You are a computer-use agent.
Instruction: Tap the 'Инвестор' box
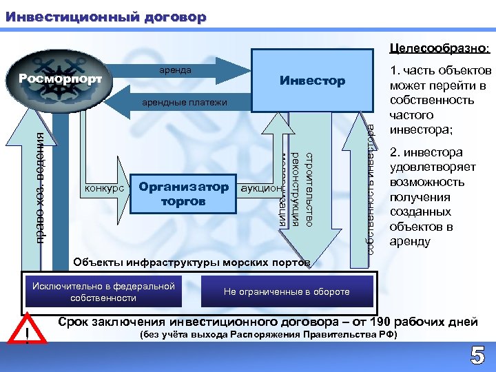[x=312, y=81]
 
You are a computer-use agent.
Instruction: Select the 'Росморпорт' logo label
[x=61, y=79]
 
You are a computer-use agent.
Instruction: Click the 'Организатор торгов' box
[x=183, y=194]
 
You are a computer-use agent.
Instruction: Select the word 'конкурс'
[x=105, y=187]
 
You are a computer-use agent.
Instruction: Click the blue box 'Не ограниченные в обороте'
[x=287, y=291]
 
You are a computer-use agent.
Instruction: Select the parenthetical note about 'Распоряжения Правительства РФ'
[x=268, y=335]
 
